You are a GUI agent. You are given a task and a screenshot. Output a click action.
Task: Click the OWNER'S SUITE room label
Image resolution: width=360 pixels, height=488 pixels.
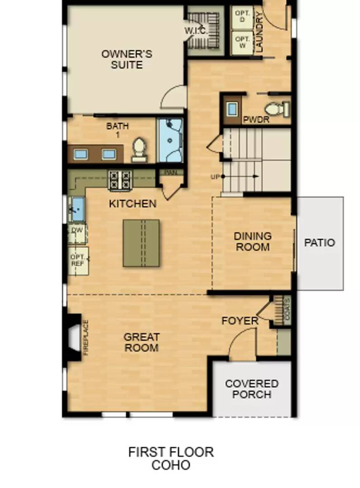(x=126, y=59)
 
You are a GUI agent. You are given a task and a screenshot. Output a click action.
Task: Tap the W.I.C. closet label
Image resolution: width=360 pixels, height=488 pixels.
(x=196, y=31)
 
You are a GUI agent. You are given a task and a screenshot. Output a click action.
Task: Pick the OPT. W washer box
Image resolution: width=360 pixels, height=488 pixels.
(x=242, y=42)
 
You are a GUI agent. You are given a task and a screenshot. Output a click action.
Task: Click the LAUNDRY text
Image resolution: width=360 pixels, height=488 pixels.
(x=259, y=32)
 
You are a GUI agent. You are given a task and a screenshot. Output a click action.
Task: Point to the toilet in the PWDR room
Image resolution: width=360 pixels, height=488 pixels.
(x=276, y=109)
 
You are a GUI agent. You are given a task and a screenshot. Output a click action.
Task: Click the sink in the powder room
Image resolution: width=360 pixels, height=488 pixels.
(x=232, y=109)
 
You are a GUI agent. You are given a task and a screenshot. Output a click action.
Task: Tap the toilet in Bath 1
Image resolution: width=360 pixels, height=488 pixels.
(x=139, y=149)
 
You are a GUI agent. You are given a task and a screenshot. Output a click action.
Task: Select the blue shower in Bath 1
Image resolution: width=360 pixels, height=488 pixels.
(x=170, y=140)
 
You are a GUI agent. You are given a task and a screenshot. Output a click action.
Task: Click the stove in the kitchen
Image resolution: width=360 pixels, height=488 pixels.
(x=120, y=180)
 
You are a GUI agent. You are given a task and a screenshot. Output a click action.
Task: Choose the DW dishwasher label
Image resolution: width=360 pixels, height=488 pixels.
(x=77, y=230)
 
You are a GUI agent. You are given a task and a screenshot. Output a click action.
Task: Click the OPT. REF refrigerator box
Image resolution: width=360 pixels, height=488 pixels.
(x=78, y=261)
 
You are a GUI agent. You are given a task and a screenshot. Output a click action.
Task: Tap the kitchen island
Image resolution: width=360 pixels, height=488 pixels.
(x=141, y=243)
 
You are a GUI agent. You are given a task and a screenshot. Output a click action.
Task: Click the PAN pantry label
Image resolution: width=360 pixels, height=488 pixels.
(x=171, y=172)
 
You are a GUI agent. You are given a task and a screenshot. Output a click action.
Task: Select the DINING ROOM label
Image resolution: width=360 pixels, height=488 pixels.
(x=252, y=241)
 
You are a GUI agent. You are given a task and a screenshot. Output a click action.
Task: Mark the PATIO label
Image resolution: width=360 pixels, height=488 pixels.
(x=319, y=243)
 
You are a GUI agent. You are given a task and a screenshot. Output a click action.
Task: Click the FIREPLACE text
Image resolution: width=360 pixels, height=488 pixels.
(x=85, y=338)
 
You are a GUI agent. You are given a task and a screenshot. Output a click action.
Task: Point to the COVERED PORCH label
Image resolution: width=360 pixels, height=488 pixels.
(x=252, y=389)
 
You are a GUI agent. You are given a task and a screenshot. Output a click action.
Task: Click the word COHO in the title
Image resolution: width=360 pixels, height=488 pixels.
(x=171, y=465)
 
